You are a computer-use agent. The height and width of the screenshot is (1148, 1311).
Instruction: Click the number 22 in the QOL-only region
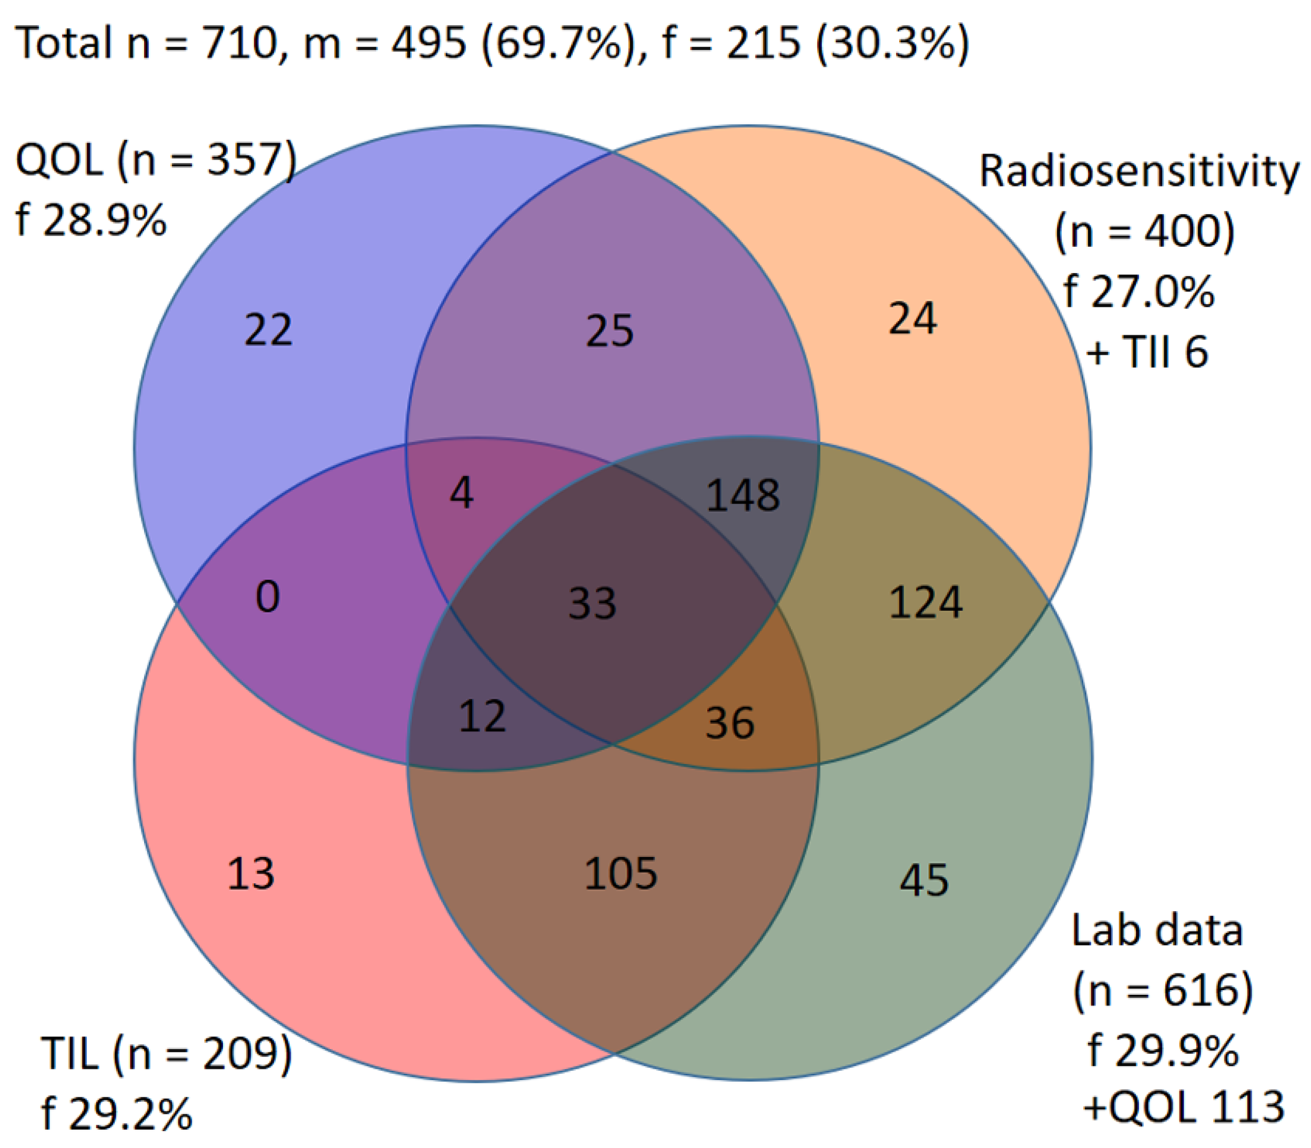coord(268,330)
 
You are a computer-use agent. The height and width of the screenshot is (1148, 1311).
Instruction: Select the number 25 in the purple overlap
coord(609,331)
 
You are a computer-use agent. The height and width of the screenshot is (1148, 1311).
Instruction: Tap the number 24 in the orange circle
coord(912,318)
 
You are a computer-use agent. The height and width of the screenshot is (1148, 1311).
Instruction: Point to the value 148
coord(743,495)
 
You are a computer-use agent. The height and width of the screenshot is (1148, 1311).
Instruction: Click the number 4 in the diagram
coord(462,494)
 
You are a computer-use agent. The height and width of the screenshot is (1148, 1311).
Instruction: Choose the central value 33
coord(593,603)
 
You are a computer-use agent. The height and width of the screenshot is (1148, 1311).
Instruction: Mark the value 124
coord(926,602)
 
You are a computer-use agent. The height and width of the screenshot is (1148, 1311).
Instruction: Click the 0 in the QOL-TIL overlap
coord(268,597)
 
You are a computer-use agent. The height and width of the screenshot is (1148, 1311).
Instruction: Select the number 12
coord(482,716)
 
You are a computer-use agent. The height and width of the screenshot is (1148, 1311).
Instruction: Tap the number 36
coord(730,722)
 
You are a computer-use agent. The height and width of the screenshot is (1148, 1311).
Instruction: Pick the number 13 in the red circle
coord(251,873)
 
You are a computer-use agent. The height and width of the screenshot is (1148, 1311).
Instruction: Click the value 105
coord(621,873)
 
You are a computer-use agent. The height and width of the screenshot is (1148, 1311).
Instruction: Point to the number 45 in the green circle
coord(924,880)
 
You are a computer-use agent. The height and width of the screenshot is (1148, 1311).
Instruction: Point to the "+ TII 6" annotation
coord(1147,351)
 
